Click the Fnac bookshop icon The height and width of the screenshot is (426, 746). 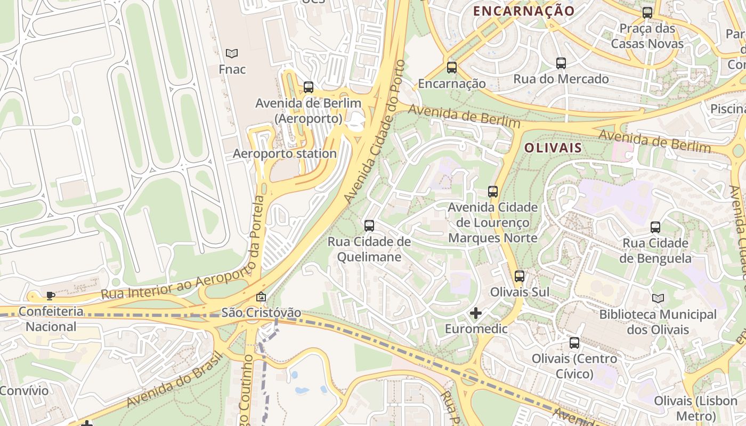(232, 53)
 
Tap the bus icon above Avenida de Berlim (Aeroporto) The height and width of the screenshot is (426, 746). (309, 87)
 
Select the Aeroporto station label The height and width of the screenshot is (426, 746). (285, 154)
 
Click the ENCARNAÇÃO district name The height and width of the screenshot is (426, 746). (524, 11)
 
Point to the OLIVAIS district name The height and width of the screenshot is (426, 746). (553, 148)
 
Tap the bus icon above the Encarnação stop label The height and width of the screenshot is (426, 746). (452, 68)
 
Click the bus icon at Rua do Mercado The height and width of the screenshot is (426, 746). (561, 63)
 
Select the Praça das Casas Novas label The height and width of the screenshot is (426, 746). (647, 36)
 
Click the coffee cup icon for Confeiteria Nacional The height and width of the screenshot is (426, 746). (51, 296)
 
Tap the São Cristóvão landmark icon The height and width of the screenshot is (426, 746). (261, 297)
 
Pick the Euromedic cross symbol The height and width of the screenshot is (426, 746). (476, 313)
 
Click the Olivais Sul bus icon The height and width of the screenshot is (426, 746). (520, 276)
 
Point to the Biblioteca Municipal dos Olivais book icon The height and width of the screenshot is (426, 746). (658, 299)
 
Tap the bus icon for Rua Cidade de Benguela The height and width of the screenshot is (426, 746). (655, 227)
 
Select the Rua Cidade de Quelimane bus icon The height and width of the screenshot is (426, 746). (369, 226)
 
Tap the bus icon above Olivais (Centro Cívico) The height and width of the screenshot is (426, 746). (574, 343)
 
